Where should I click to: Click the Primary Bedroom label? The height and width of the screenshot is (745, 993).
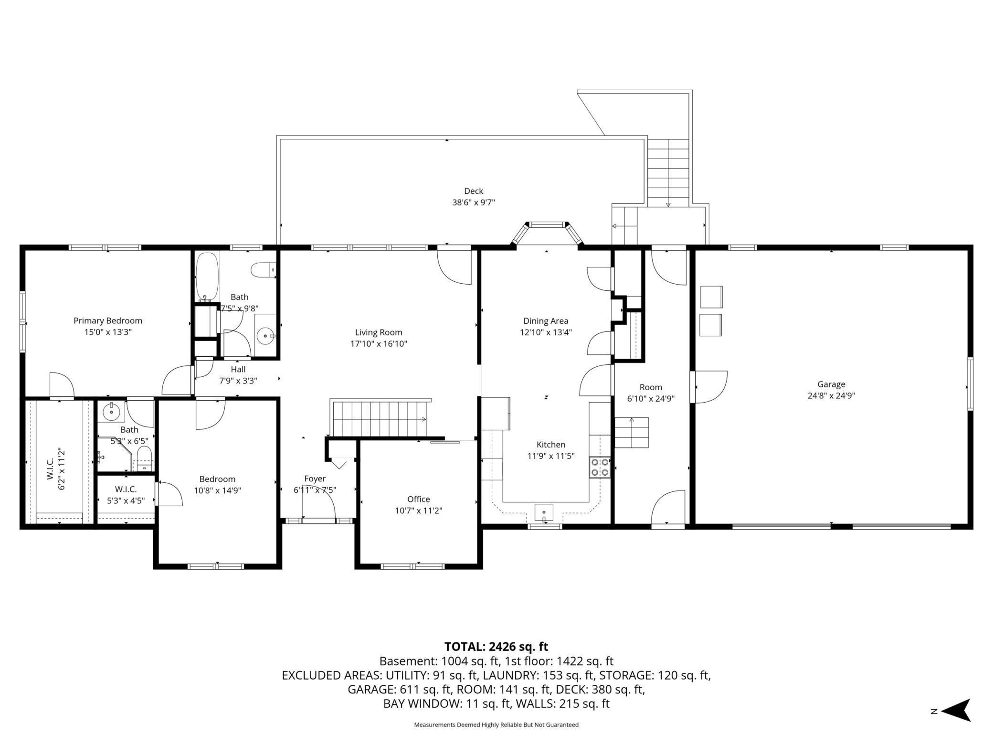coord(108,320)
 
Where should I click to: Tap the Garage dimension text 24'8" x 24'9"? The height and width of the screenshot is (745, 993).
coord(831,395)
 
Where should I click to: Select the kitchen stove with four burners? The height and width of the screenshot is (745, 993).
coord(600,467)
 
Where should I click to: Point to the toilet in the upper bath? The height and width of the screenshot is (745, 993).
coord(264,270)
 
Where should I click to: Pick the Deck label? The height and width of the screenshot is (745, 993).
coord(474,191)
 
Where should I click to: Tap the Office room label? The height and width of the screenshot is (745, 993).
coord(419,499)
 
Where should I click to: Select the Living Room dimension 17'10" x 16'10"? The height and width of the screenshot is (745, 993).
coord(379,344)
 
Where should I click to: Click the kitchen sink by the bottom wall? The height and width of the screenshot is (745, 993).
coord(544,512)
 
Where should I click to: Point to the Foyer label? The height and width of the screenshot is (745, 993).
coord(315,479)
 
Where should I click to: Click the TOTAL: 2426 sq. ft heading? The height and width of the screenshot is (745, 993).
coord(496,647)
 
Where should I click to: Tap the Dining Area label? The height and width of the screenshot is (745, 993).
coord(546,321)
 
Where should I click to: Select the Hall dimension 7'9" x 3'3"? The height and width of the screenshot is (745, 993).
coord(238,381)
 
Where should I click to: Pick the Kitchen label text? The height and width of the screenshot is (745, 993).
coord(551,445)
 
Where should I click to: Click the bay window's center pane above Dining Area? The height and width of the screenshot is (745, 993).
coord(547,224)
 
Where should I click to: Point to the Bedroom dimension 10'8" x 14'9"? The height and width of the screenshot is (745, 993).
coord(218,490)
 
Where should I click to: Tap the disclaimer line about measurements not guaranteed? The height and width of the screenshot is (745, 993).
coord(496,725)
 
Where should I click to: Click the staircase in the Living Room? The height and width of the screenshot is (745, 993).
coord(380,418)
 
